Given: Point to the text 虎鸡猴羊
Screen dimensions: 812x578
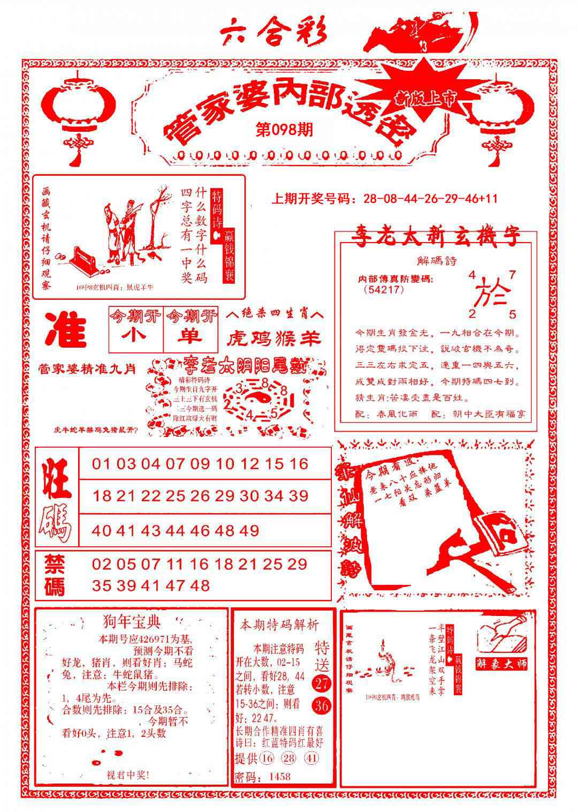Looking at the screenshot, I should (274, 339).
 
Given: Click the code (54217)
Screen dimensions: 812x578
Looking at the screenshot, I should (383, 290).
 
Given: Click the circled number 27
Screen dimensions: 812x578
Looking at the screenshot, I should (323, 683).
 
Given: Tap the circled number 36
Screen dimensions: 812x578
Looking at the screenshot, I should (323, 706).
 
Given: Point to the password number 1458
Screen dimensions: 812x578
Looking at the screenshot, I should (280, 777).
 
